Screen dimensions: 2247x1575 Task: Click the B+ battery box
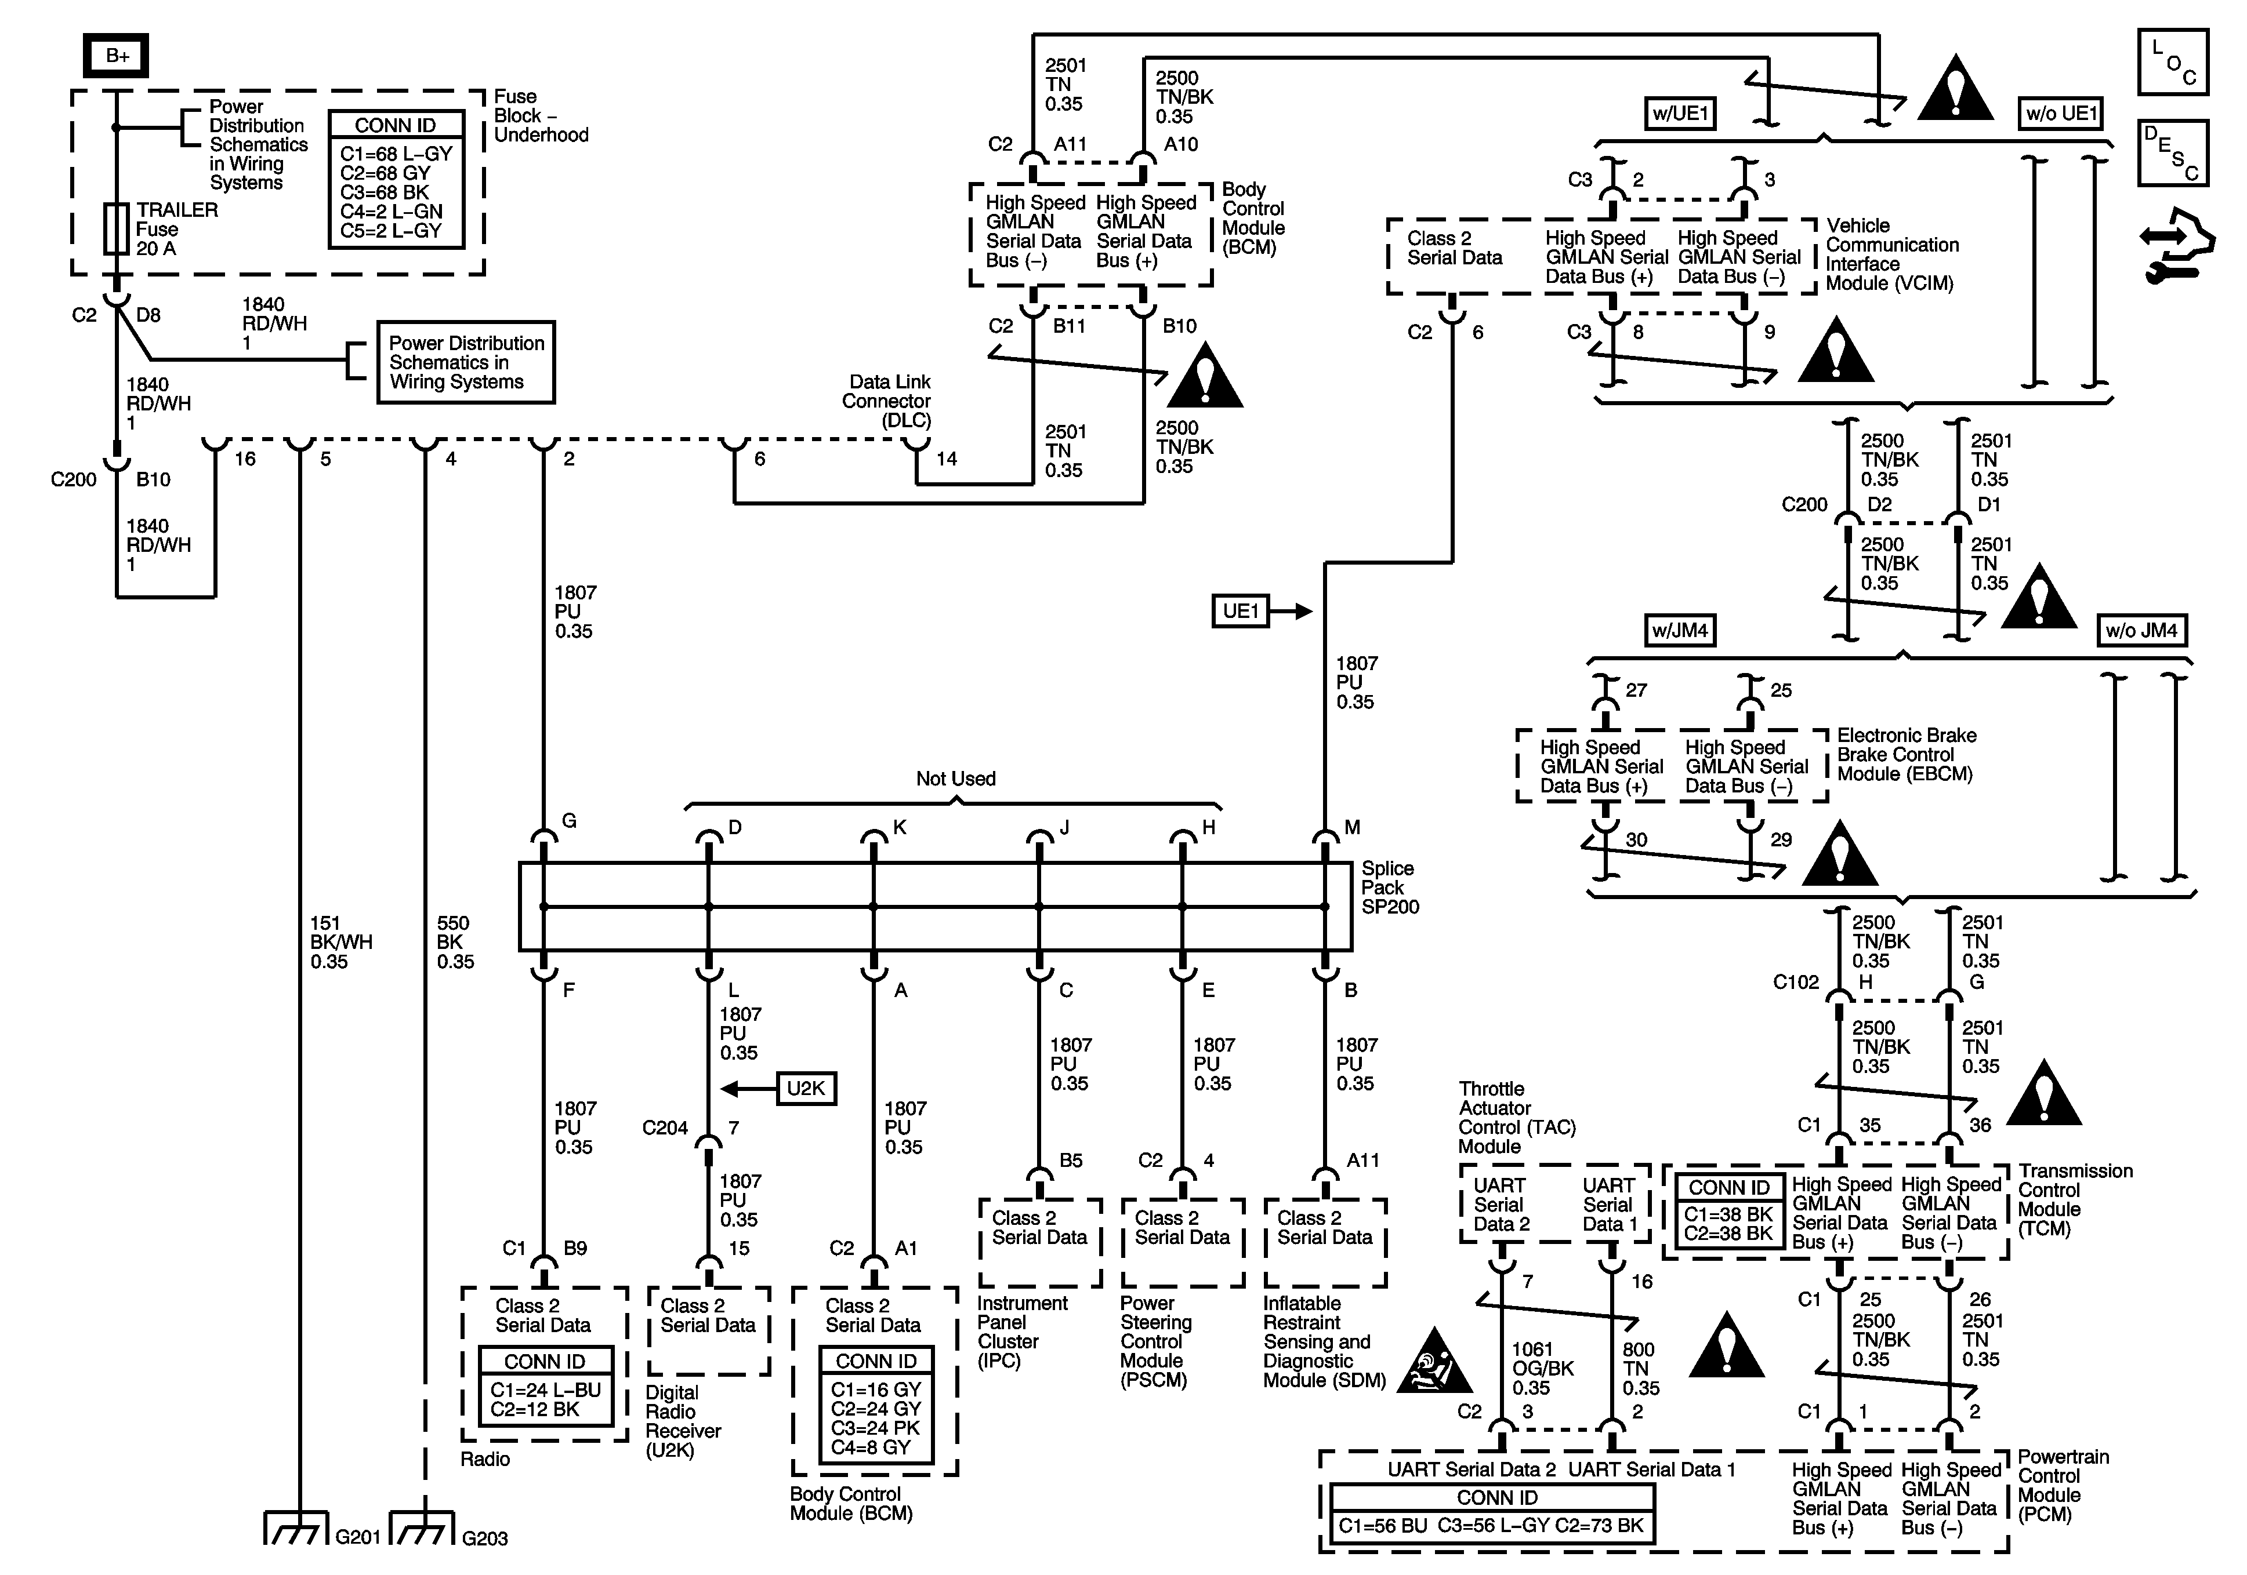click(x=117, y=56)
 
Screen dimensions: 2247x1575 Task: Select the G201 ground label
click(x=357, y=1538)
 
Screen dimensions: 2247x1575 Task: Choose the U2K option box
click(x=806, y=1089)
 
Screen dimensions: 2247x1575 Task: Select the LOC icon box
click(x=2173, y=61)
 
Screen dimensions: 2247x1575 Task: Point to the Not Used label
click(x=955, y=779)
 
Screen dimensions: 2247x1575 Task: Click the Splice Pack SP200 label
click(x=1390, y=887)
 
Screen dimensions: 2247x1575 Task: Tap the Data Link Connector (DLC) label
click(x=887, y=401)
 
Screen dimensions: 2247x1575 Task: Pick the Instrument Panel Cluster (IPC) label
click(x=1022, y=1332)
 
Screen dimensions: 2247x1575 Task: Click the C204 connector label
click(x=665, y=1128)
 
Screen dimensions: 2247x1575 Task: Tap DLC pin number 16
click(x=245, y=459)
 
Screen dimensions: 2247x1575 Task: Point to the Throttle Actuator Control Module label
click(x=1517, y=1117)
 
